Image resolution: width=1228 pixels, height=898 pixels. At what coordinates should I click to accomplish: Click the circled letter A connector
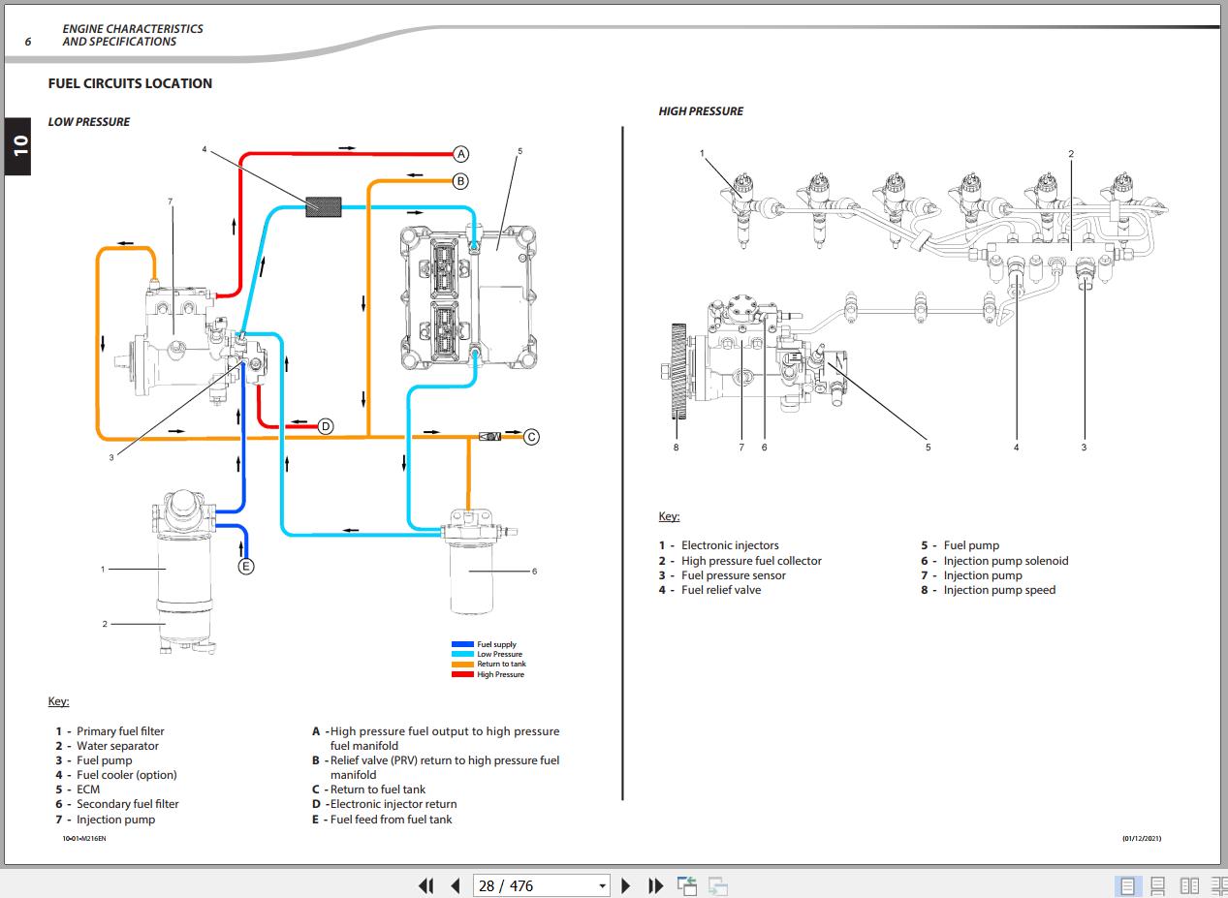tap(461, 154)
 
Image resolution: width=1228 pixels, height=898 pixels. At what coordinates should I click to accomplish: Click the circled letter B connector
tap(461, 181)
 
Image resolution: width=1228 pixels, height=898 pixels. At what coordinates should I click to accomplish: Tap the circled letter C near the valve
tap(531, 437)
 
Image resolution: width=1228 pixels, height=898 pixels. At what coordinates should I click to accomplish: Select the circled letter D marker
tap(326, 426)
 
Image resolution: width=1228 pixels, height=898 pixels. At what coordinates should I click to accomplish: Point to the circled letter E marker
tap(246, 567)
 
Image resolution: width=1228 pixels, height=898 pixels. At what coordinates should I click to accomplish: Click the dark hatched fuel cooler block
tap(325, 205)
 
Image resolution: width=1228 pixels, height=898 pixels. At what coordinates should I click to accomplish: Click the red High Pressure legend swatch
tap(462, 674)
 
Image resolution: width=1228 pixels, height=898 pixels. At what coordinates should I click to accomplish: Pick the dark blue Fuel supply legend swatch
tap(462, 644)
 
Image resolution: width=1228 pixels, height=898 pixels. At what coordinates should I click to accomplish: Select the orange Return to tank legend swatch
tap(462, 665)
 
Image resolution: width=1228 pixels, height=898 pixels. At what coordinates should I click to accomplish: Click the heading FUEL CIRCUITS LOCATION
tap(130, 83)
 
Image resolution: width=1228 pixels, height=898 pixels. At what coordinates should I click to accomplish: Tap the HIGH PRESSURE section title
tap(701, 111)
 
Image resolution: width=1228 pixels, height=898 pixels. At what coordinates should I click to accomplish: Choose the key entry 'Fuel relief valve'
tap(720, 590)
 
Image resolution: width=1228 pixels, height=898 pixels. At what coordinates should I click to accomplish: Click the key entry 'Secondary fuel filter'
tap(127, 804)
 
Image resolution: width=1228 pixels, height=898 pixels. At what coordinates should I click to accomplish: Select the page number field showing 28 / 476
tap(541, 885)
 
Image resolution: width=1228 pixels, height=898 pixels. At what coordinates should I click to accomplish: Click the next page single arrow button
tap(626, 885)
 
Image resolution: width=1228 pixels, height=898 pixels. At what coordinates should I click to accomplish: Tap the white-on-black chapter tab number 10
tap(19, 145)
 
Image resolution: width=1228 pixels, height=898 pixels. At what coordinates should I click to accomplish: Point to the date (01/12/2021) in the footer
tap(1141, 838)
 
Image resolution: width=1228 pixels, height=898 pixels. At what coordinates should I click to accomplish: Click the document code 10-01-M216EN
tap(84, 838)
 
